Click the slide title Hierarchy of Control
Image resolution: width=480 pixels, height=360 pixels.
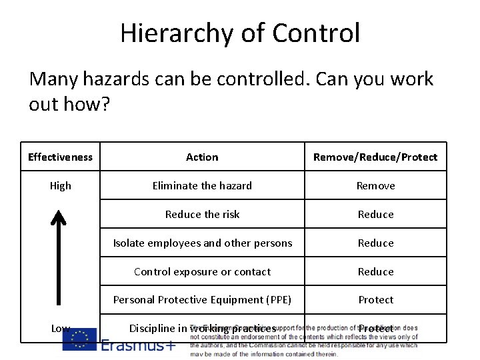coord(240,33)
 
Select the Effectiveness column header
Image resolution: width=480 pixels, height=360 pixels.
coord(60,157)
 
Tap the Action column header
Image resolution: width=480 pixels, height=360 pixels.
coord(202,157)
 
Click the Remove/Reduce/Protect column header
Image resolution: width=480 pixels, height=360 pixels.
coord(375,157)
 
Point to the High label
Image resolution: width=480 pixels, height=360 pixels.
coord(60,186)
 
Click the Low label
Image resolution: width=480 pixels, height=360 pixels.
coord(60,328)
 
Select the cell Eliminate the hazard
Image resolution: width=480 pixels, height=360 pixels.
coord(202,186)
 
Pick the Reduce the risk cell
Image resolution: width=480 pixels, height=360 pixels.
coord(202,215)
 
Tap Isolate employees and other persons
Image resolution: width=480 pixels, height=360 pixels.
coord(202,243)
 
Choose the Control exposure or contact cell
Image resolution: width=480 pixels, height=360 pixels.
coord(202,272)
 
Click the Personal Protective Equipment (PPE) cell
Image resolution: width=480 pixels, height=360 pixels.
coord(202,300)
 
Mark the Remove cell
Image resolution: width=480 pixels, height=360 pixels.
coord(375,186)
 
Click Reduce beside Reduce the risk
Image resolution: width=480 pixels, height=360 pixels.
coord(375,215)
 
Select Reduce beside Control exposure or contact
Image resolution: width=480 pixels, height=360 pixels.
coord(375,272)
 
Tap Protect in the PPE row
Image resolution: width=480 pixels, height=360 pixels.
coord(375,300)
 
